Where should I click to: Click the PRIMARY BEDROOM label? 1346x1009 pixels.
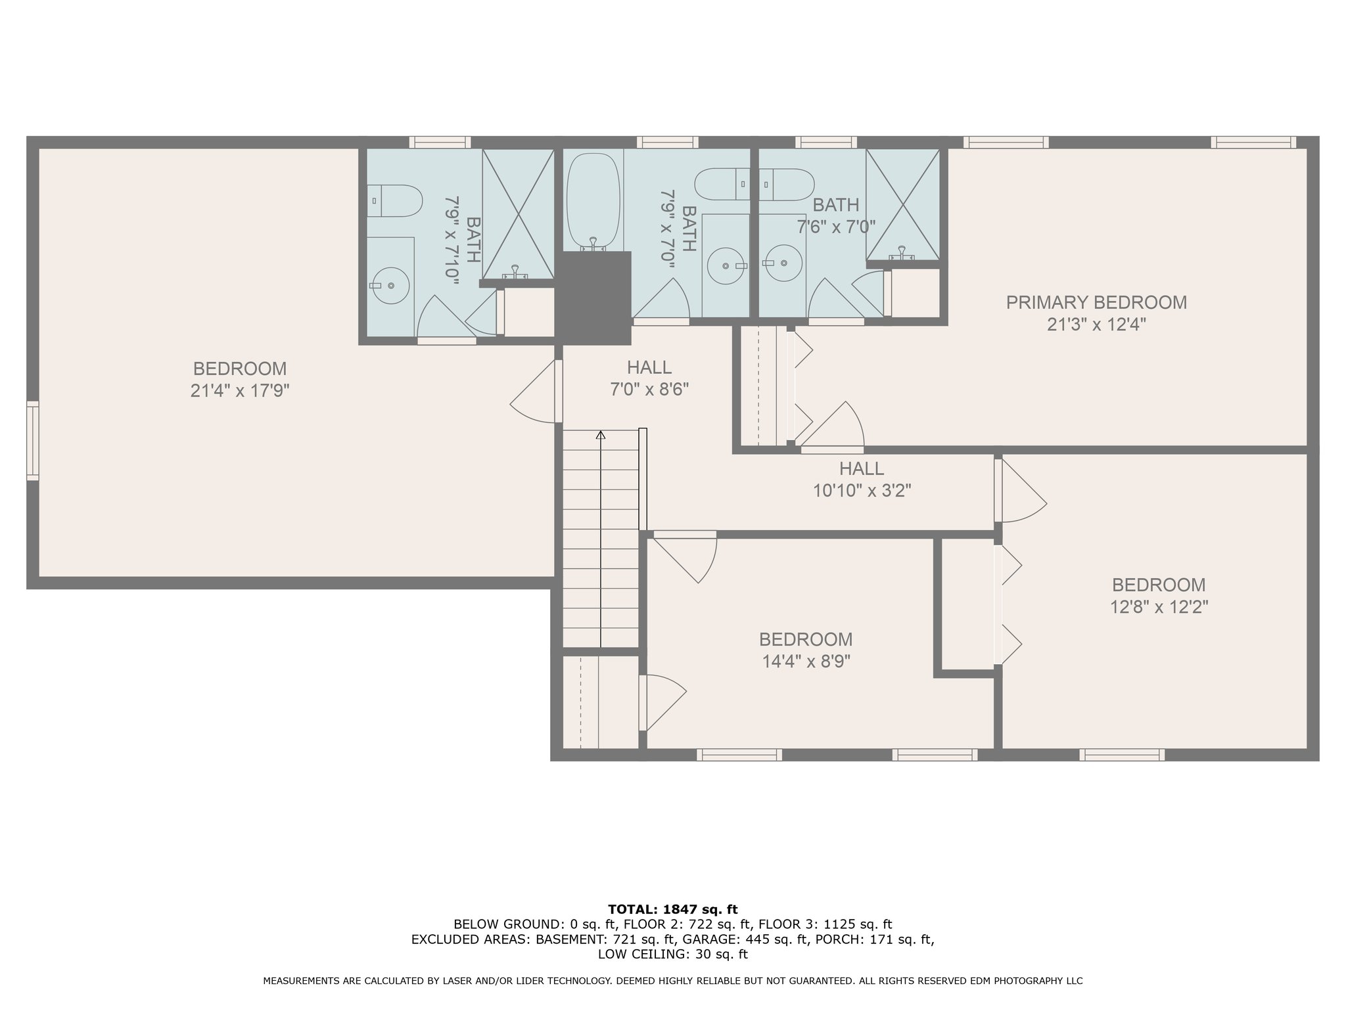[1096, 303]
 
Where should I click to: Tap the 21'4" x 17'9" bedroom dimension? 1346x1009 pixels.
[240, 391]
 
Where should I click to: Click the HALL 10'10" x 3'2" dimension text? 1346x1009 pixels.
[862, 491]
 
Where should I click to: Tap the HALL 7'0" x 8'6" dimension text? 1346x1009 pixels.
[649, 390]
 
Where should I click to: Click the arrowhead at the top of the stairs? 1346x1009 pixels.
[600, 435]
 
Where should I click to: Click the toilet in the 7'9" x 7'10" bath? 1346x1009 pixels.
[394, 200]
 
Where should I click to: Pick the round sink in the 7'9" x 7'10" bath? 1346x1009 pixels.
[390, 286]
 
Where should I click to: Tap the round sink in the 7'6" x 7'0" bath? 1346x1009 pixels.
[783, 263]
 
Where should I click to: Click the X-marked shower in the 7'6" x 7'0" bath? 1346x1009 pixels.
[903, 204]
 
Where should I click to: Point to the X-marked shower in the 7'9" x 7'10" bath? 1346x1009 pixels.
[518, 214]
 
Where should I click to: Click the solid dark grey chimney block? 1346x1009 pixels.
[593, 298]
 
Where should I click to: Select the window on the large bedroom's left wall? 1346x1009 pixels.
[32, 440]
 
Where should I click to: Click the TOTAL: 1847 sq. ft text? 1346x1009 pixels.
[673, 909]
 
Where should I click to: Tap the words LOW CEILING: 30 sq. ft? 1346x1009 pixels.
[673, 954]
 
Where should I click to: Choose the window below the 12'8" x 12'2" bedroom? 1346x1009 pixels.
[1122, 755]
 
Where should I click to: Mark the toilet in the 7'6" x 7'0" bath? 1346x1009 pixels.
[787, 184]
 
